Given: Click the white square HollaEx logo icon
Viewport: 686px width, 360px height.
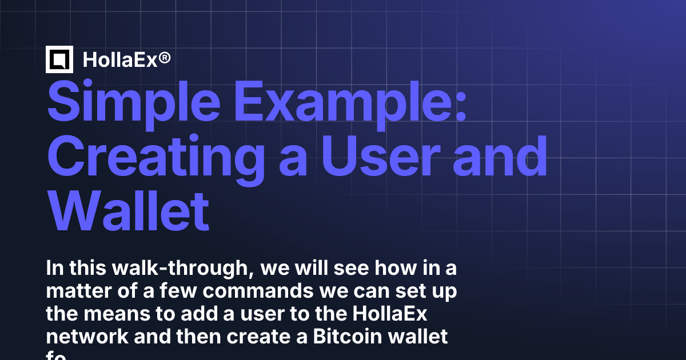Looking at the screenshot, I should [59, 59].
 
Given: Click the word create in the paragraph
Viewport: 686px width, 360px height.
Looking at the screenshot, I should [273, 337].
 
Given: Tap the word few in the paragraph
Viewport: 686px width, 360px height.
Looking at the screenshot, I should [181, 291].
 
